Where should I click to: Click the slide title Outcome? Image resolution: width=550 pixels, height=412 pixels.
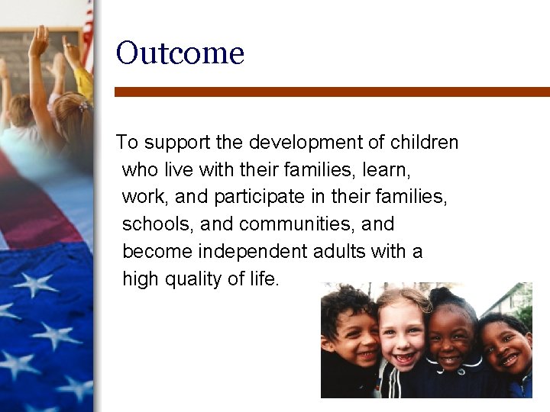point(180,54)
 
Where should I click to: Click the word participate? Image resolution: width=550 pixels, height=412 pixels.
point(260,198)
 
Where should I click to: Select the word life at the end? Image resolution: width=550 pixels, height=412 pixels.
point(263,279)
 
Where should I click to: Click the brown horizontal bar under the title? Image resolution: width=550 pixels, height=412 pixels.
point(332,92)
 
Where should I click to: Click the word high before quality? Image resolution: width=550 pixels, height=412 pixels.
point(141,280)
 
